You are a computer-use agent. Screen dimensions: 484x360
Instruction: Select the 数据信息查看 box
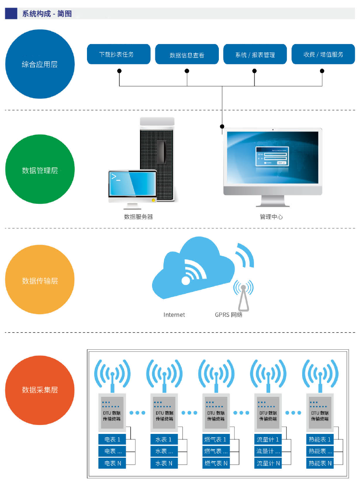[187, 55]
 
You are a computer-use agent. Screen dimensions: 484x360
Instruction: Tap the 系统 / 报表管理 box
[255, 55]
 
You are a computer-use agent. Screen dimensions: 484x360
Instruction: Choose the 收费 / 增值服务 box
[323, 54]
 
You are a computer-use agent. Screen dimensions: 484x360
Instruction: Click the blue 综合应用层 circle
[40, 64]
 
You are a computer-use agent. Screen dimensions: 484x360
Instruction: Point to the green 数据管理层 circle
[40, 170]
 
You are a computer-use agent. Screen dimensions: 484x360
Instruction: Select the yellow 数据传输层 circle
[40, 280]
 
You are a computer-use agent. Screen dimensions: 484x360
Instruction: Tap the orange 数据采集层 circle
[40, 390]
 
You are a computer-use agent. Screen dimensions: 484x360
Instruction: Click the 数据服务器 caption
[138, 217]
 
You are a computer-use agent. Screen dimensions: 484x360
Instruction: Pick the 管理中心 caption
[271, 217]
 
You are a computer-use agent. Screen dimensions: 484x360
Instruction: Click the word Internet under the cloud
[174, 315]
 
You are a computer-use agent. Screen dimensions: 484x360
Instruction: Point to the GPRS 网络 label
[229, 315]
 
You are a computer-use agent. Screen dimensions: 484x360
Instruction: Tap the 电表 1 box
[112, 440]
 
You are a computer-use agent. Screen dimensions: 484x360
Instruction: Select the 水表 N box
[164, 463]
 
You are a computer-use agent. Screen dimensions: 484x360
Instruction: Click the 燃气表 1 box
[216, 440]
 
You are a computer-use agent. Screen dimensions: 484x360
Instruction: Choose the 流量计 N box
[268, 463]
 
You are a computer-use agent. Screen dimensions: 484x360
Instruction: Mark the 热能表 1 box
[320, 440]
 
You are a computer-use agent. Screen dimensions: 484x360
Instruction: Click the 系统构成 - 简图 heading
[47, 14]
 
